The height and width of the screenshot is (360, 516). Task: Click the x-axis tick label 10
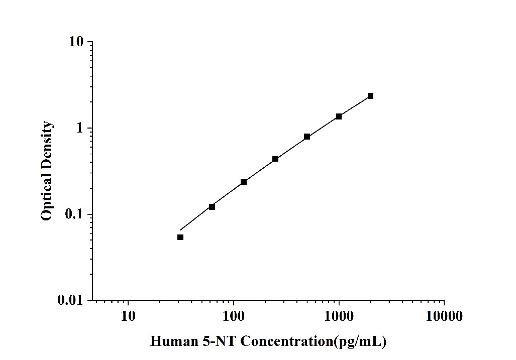coord(128,316)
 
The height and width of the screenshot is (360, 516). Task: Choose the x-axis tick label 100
coord(233,316)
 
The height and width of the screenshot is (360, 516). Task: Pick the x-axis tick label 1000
coord(339,316)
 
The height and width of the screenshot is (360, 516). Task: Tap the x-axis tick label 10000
coord(444,316)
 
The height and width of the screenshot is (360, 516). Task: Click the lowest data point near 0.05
coord(180,237)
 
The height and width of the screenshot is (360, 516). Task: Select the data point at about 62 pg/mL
coord(212,207)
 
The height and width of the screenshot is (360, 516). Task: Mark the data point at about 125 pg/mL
coord(244,182)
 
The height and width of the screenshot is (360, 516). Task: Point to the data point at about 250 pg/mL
coord(275,159)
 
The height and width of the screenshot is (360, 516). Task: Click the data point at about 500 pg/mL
coord(307,137)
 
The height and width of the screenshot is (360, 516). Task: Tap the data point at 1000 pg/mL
coord(339,116)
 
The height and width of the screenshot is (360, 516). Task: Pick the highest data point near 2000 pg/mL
coord(370,96)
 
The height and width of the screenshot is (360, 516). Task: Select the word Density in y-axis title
coord(47,146)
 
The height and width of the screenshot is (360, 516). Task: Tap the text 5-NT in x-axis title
coord(219,342)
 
